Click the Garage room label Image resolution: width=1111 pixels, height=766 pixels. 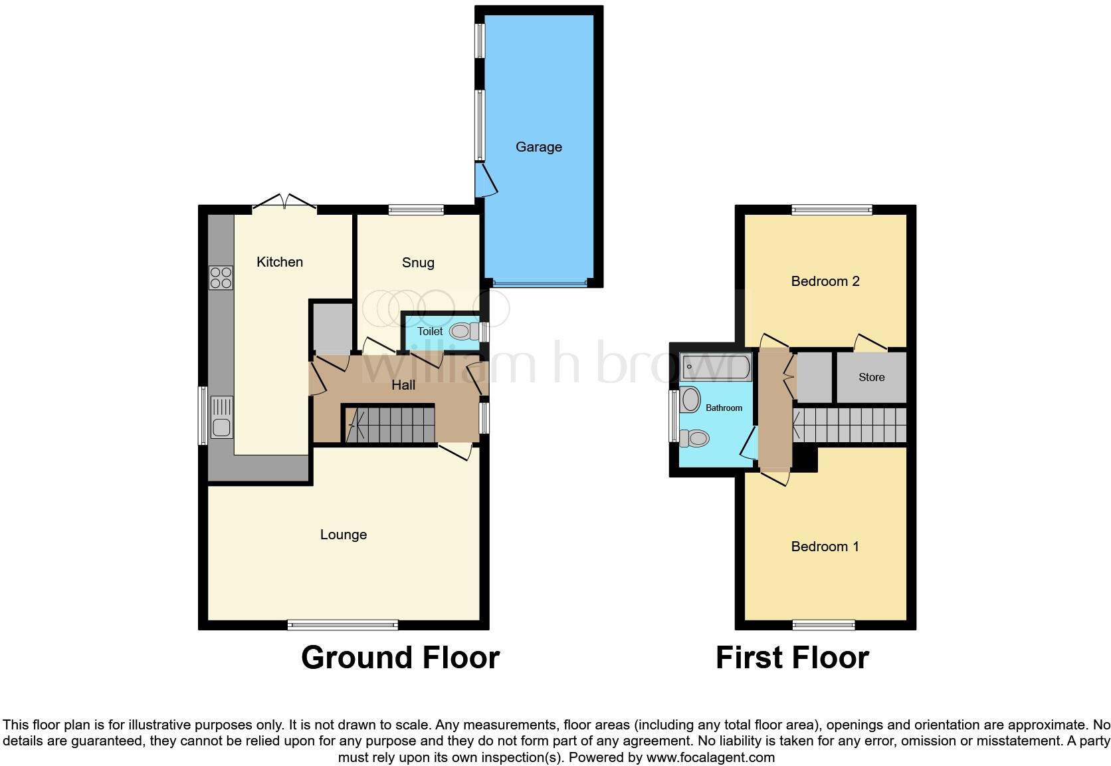click(538, 147)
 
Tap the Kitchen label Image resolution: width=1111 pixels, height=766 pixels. click(280, 262)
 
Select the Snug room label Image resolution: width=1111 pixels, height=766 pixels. click(418, 263)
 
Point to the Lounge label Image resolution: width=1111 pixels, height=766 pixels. click(343, 535)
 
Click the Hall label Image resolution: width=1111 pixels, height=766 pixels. click(403, 385)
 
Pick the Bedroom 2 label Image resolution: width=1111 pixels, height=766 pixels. click(825, 281)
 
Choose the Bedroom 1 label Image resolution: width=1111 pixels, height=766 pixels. click(825, 547)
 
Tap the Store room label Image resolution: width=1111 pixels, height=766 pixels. click(871, 377)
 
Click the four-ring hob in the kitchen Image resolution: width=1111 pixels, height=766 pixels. click(221, 277)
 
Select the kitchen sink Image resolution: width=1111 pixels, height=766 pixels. click(221, 417)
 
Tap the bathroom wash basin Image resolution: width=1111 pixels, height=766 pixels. click(690, 400)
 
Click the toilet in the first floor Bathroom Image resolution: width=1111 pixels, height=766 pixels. click(694, 438)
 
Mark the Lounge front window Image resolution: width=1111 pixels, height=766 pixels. click(343, 624)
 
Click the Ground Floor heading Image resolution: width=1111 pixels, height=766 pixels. click(400, 658)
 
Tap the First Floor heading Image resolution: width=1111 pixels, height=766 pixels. click(792, 658)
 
